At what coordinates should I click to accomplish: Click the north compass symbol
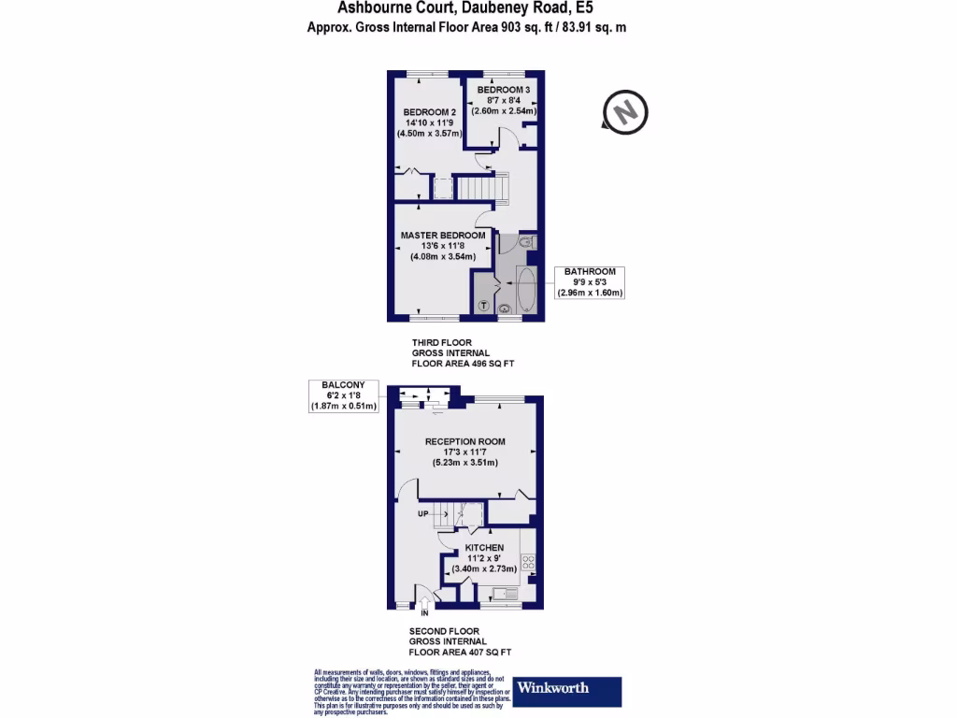click(625, 110)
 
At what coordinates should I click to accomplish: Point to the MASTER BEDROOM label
click(443, 236)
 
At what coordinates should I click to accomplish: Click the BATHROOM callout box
click(590, 281)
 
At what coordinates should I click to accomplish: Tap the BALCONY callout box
click(343, 395)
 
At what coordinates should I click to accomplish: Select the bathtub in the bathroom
click(525, 290)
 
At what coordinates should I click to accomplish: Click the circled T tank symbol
click(484, 306)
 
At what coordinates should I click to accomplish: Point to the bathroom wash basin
click(506, 308)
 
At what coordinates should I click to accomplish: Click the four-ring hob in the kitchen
click(528, 563)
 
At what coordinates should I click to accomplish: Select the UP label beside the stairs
click(423, 512)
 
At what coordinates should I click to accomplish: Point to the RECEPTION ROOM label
click(464, 442)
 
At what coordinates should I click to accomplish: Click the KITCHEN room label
click(484, 548)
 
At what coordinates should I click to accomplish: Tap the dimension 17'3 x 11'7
click(464, 452)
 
